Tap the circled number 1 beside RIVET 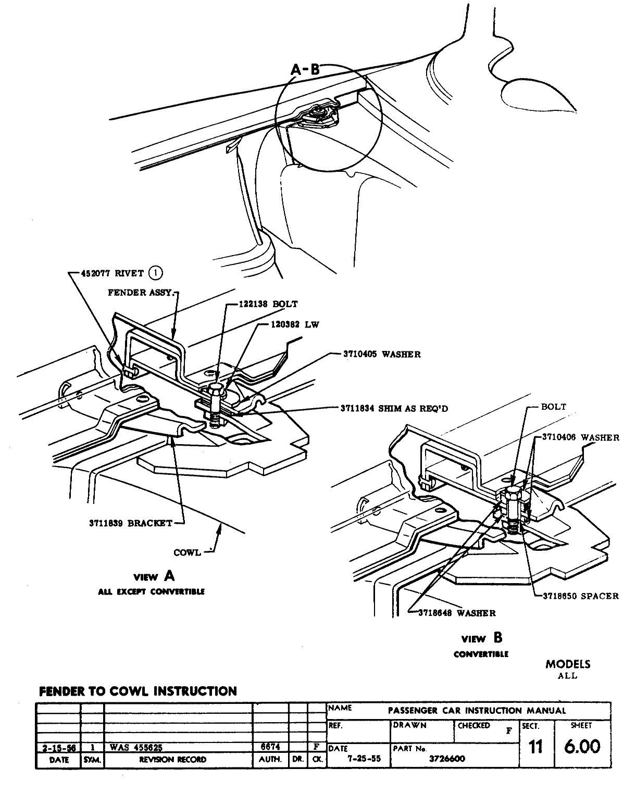(x=156, y=272)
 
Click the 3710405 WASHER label (x=382, y=354)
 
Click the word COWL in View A (x=187, y=552)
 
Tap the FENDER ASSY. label (x=139, y=293)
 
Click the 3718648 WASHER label (x=457, y=613)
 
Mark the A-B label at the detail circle (x=305, y=69)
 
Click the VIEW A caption (x=154, y=576)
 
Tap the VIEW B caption (x=482, y=638)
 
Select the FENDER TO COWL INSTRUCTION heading (x=138, y=691)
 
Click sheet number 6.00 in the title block (x=583, y=747)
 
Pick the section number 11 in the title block (x=535, y=747)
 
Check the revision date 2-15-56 (x=58, y=748)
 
